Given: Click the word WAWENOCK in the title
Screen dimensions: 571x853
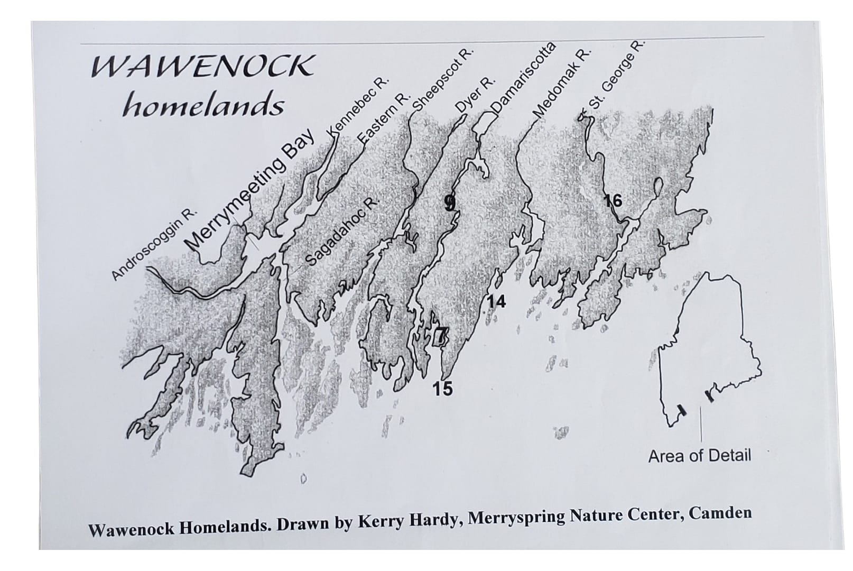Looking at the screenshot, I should click(202, 67).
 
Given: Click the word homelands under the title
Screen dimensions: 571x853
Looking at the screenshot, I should click(203, 105).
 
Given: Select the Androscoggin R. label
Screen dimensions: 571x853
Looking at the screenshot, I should click(154, 244).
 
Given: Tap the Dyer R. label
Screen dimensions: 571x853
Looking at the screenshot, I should click(476, 94).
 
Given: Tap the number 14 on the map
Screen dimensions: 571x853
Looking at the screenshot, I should click(496, 302).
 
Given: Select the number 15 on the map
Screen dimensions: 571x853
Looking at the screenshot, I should click(442, 389).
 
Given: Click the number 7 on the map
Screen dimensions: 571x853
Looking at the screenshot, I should click(441, 335).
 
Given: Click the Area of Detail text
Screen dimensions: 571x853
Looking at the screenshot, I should click(699, 456).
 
